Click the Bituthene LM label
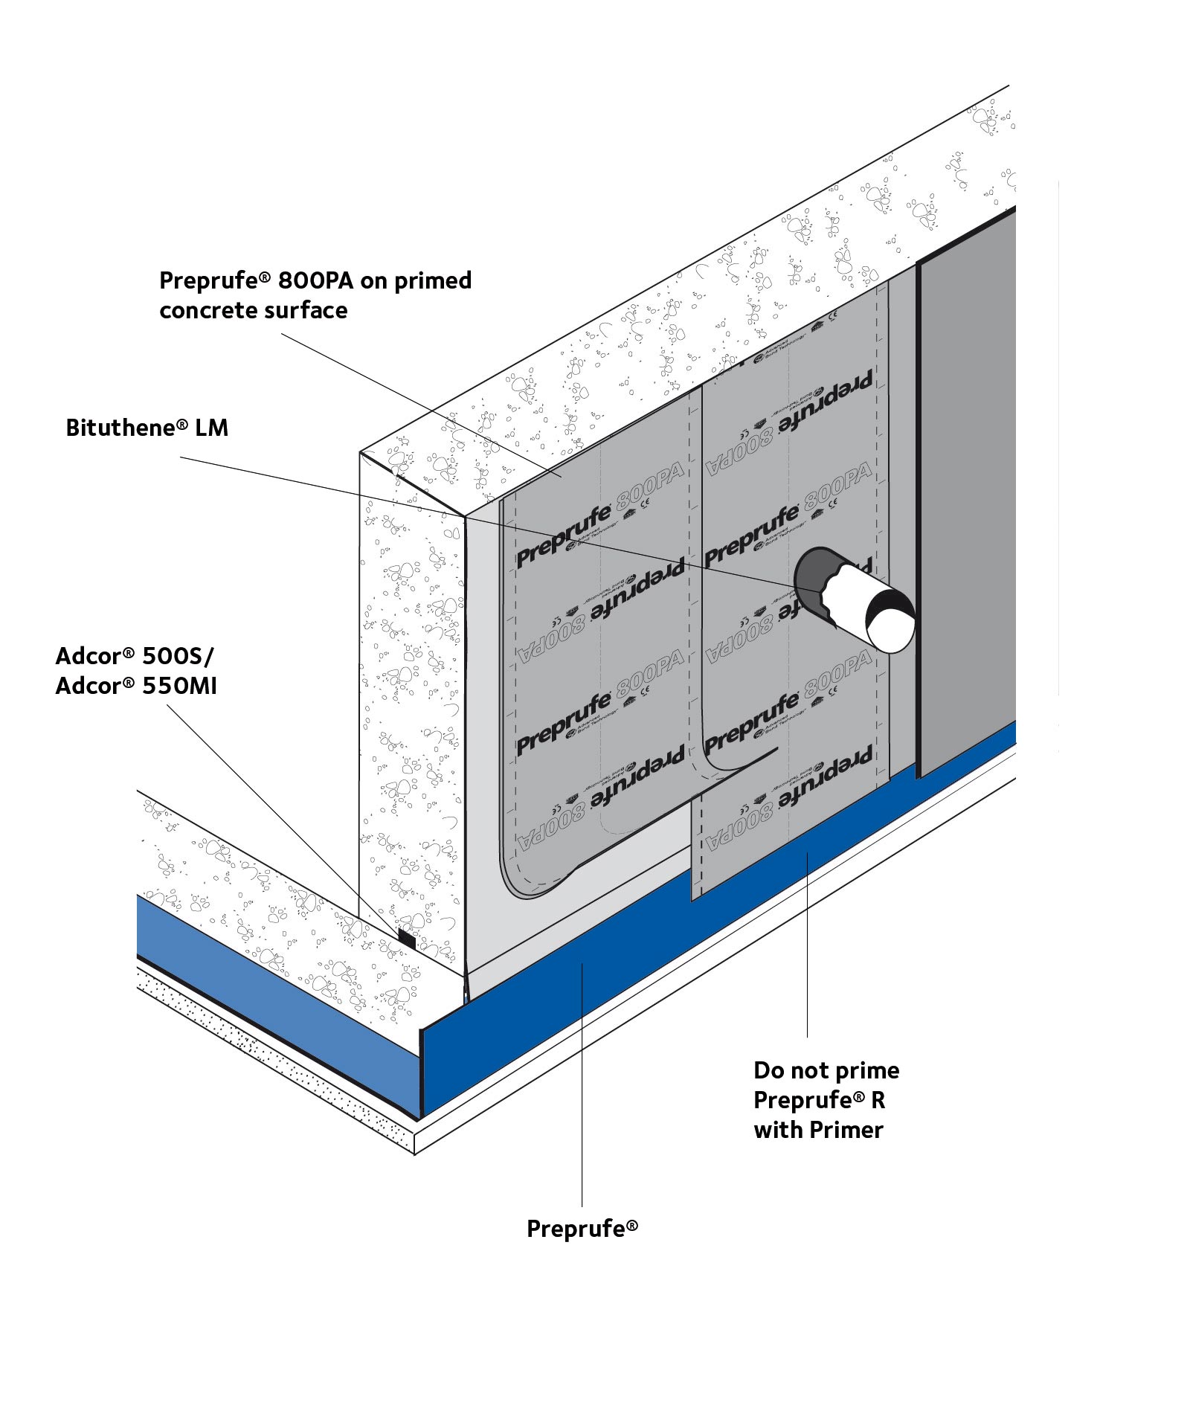pos(147,428)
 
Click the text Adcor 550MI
pos(136,685)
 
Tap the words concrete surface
pos(253,310)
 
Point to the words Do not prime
pos(826,1070)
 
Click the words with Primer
pos(817,1130)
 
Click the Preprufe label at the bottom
pos(582,1228)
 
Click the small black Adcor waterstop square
pos(406,937)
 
